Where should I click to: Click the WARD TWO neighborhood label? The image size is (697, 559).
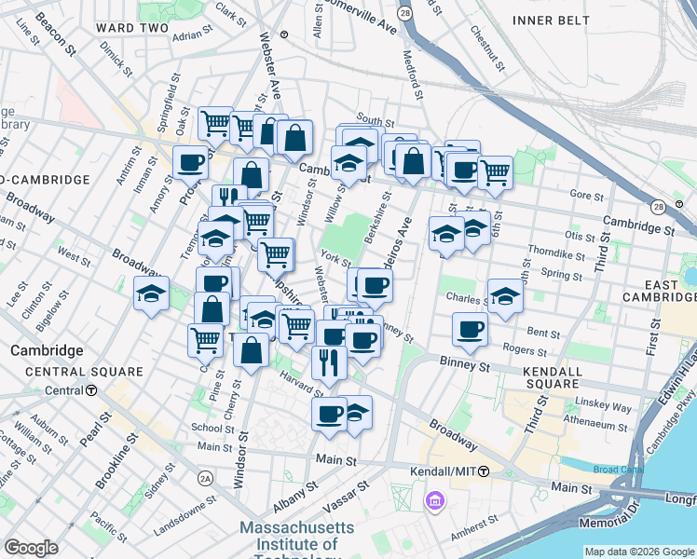[x=130, y=28]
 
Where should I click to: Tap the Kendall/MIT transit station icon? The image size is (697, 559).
[x=484, y=472]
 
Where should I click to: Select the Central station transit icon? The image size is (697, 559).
[x=92, y=390]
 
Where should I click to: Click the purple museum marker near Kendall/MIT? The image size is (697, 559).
[x=433, y=503]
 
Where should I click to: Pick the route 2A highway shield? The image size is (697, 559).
[x=205, y=478]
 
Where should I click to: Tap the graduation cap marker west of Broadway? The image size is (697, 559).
[x=151, y=294]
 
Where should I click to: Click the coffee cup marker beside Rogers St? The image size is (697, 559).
[x=471, y=329]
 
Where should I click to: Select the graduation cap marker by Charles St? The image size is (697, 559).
[x=505, y=296]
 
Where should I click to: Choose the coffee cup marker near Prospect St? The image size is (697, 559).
[x=190, y=162]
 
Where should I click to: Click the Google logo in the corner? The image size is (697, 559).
[x=31, y=547]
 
